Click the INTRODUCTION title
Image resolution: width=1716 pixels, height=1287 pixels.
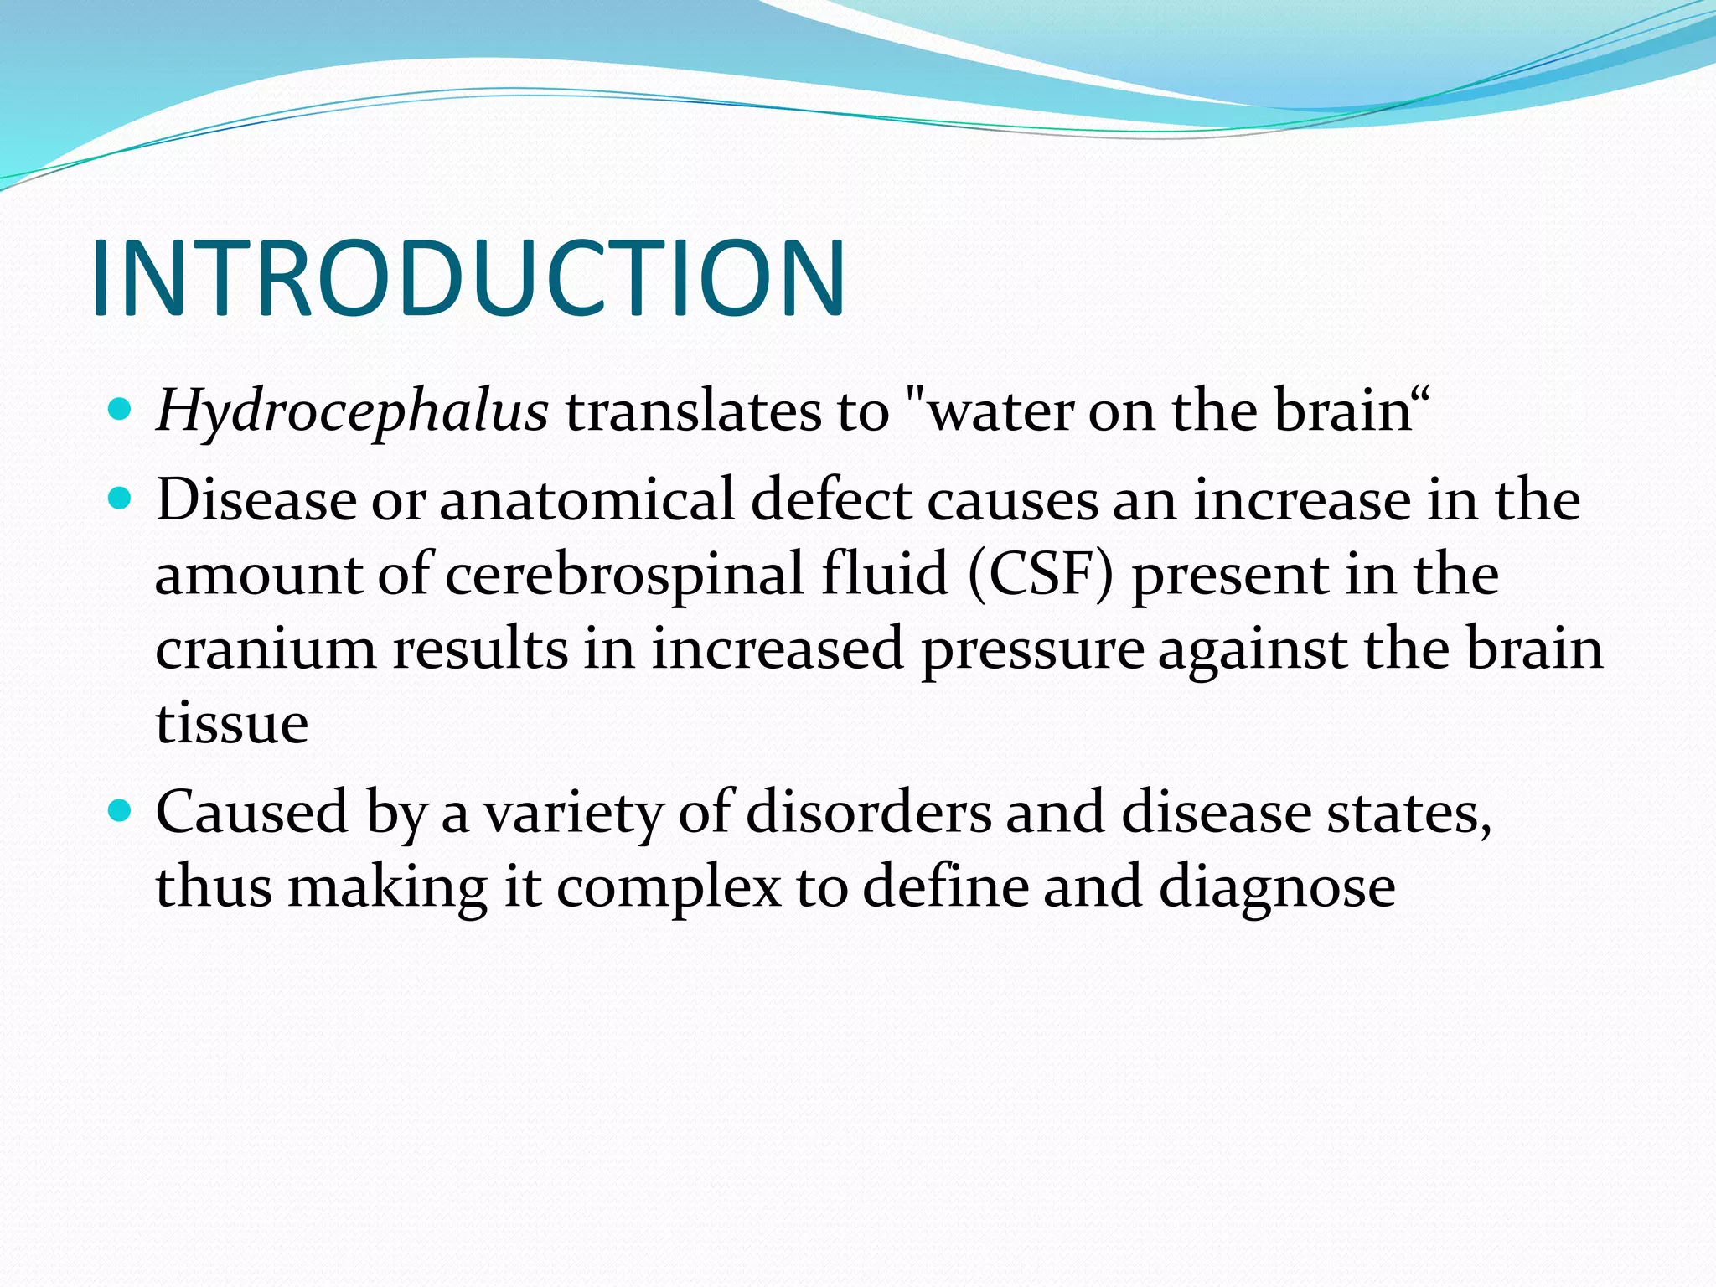pyautogui.click(x=468, y=279)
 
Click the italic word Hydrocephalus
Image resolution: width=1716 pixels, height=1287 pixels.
pyautogui.click(x=352, y=412)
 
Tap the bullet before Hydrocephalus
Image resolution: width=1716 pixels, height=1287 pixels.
pyautogui.click(x=121, y=410)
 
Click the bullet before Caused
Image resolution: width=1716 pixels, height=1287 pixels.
pyautogui.click(x=121, y=811)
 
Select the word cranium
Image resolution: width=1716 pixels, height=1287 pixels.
pyautogui.click(x=266, y=649)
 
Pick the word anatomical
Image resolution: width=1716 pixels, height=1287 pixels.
pyautogui.click(x=586, y=501)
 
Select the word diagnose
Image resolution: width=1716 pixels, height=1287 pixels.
pyautogui.click(x=1277, y=887)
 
